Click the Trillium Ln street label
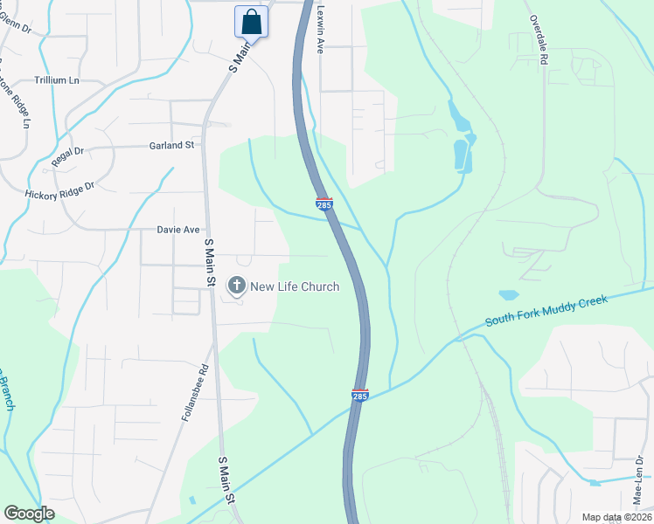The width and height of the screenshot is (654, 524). pyautogui.click(x=57, y=79)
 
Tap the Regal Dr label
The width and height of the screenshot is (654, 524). pyautogui.click(x=67, y=155)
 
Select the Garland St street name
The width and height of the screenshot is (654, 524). pyautogui.click(x=171, y=145)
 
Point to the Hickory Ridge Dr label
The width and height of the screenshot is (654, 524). pyautogui.click(x=59, y=190)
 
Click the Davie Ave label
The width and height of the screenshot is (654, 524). pyautogui.click(x=178, y=230)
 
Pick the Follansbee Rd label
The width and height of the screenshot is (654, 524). pyautogui.click(x=195, y=394)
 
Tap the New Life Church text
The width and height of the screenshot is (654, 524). pyautogui.click(x=295, y=286)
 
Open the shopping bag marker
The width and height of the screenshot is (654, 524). pyautogui.click(x=251, y=22)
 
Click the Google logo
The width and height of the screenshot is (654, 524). pyautogui.click(x=30, y=514)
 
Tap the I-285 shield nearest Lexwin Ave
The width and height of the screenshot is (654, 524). pyautogui.click(x=324, y=204)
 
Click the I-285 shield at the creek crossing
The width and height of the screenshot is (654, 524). pyautogui.click(x=360, y=396)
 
